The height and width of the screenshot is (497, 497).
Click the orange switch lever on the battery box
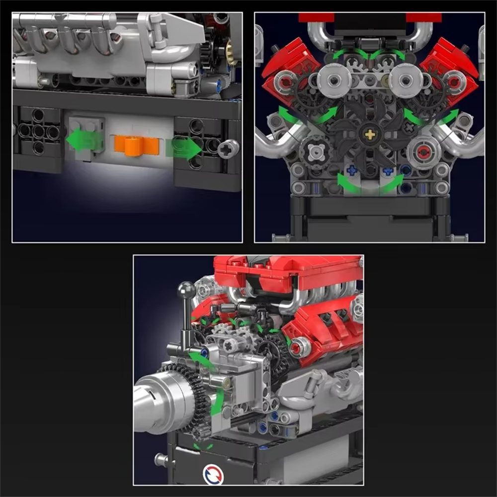pyautogui.click(x=136, y=145)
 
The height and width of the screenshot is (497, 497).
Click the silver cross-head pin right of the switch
pyautogui.click(x=229, y=147)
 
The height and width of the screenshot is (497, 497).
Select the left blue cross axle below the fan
pyautogui.click(x=352, y=170)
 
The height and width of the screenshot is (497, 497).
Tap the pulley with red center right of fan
pyautogui.click(x=423, y=152)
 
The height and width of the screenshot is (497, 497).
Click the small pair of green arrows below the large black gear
pyautogui.click(x=203, y=445)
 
